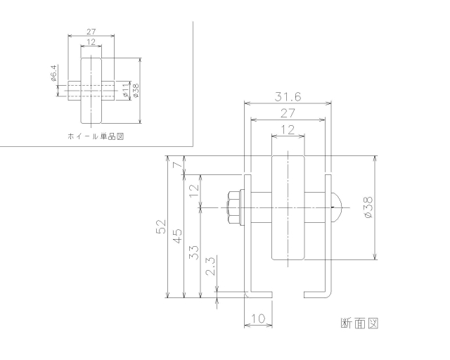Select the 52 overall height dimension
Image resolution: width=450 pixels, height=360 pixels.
click(x=160, y=226)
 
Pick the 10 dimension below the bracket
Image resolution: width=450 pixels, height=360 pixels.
click(x=257, y=319)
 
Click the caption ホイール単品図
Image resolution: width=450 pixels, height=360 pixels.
click(x=96, y=136)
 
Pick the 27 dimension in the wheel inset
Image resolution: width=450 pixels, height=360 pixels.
click(x=91, y=31)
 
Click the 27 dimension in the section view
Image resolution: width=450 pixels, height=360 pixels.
click(x=287, y=113)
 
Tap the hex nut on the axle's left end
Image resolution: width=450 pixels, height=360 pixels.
click(x=233, y=207)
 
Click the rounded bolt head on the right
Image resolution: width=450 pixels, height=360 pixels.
click(x=337, y=207)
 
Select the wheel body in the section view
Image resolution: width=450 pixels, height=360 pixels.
click(x=287, y=207)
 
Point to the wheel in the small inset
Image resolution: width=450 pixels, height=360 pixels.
click(x=91, y=89)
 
